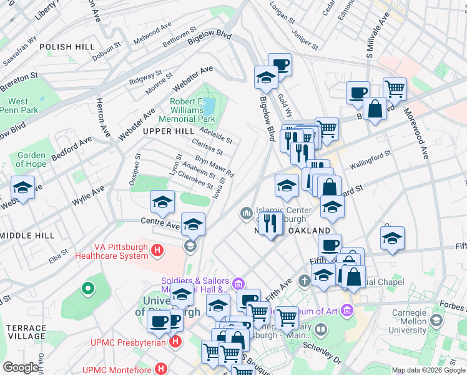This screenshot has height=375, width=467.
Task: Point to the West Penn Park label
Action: (19, 106)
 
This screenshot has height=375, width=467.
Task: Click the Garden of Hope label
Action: (31, 160)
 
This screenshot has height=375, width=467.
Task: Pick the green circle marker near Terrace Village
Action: (88, 289)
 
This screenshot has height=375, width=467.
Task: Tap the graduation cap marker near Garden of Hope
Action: (22, 187)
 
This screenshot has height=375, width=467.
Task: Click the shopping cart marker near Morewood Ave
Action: (395, 89)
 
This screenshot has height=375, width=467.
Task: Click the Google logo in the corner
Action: (21, 367)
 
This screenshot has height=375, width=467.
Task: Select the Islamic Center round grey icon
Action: (247, 214)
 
